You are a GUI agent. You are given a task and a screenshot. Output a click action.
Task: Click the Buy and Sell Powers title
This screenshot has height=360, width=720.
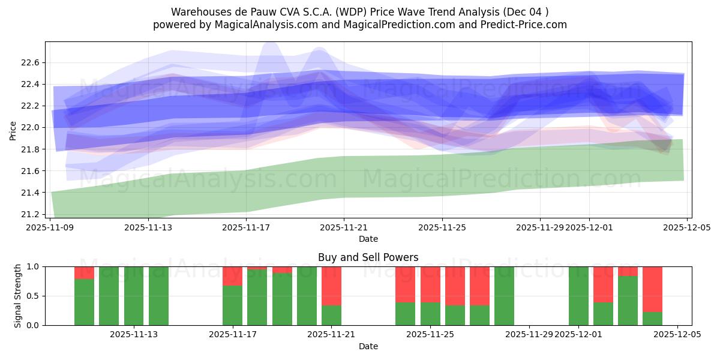click(368, 257)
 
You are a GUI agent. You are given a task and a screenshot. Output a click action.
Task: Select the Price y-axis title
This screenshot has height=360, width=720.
click(13, 130)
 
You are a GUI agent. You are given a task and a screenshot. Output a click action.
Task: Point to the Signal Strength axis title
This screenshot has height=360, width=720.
click(18, 295)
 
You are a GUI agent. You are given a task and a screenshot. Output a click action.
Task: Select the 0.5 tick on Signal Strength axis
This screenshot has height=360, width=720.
click(33, 296)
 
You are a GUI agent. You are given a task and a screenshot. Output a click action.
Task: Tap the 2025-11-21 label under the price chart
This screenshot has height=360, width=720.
click(344, 227)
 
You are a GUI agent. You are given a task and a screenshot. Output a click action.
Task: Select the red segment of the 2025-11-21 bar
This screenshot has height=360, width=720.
click(331, 286)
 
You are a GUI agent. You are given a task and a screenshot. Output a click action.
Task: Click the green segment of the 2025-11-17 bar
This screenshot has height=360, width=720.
click(232, 305)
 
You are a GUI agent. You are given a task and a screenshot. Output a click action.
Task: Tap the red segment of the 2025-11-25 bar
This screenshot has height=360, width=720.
click(430, 284)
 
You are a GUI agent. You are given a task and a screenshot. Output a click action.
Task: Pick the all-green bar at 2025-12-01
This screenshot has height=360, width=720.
click(578, 296)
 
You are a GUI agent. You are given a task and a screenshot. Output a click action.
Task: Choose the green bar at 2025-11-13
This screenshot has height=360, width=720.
click(134, 296)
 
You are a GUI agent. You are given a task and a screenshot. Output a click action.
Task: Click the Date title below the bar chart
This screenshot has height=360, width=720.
click(368, 346)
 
